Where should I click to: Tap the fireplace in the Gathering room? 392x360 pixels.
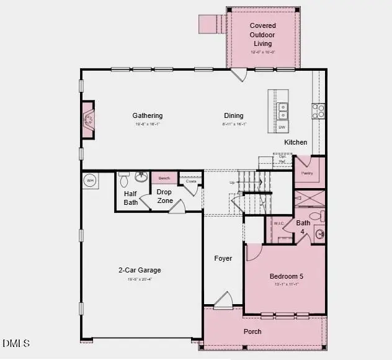[x=89, y=119]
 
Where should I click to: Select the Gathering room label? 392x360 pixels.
[x=148, y=115]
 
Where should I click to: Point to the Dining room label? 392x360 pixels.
[x=234, y=115]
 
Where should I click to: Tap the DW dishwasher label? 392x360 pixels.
[x=282, y=127]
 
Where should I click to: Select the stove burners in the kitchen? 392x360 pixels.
[x=319, y=110]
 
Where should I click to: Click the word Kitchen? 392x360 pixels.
[x=296, y=142]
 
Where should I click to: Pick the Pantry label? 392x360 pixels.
[x=306, y=174]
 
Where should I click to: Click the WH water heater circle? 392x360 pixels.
[x=90, y=181]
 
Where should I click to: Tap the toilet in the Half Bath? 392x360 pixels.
[x=124, y=180]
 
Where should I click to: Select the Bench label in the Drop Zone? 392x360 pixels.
[x=164, y=178]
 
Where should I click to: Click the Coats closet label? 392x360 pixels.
[x=191, y=181]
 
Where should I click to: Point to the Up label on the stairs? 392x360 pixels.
[x=233, y=182]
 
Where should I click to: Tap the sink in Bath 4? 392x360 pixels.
[x=319, y=234]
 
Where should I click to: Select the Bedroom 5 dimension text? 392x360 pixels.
[x=287, y=284]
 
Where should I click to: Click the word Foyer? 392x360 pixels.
[x=223, y=258]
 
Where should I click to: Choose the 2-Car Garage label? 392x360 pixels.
[x=140, y=270]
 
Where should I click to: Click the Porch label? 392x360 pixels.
[x=252, y=331]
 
